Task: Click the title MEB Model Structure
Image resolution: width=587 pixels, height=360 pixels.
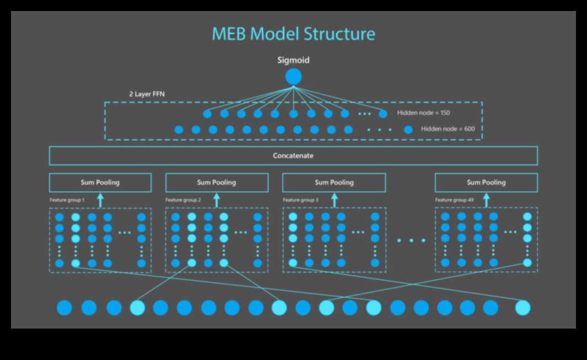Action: [x=293, y=34]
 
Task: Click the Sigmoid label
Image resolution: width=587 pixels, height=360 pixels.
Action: [x=293, y=60]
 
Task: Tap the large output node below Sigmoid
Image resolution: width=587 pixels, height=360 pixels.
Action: [x=293, y=77]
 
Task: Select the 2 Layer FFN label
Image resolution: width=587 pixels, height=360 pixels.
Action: [x=147, y=94]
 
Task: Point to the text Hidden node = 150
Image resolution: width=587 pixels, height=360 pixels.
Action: [x=424, y=113]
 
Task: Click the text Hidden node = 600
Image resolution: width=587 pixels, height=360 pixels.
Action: [x=447, y=130]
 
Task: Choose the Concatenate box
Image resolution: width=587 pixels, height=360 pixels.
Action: [x=293, y=156]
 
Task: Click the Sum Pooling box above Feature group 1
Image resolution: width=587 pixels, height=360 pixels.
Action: [x=100, y=182]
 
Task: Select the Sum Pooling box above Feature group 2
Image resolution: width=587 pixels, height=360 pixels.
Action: [x=217, y=182]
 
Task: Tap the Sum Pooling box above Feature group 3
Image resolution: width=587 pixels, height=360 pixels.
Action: [x=334, y=182]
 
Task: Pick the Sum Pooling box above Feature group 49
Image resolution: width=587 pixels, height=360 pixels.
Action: [x=486, y=182]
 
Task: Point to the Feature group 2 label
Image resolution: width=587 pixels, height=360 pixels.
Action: [x=183, y=200]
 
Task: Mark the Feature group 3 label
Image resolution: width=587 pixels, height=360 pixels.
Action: [x=300, y=200]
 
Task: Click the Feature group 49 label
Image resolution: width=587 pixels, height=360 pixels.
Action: [x=453, y=200]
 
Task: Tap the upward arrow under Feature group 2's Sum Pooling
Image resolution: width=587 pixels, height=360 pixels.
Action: [x=217, y=199]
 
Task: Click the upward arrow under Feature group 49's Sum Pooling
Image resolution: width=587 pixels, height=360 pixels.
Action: [x=486, y=199]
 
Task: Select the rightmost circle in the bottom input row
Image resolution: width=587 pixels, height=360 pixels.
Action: [x=522, y=308]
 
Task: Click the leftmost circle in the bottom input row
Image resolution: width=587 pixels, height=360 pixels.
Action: [x=65, y=308]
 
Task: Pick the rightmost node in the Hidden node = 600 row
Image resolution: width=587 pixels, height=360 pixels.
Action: [x=408, y=130]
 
